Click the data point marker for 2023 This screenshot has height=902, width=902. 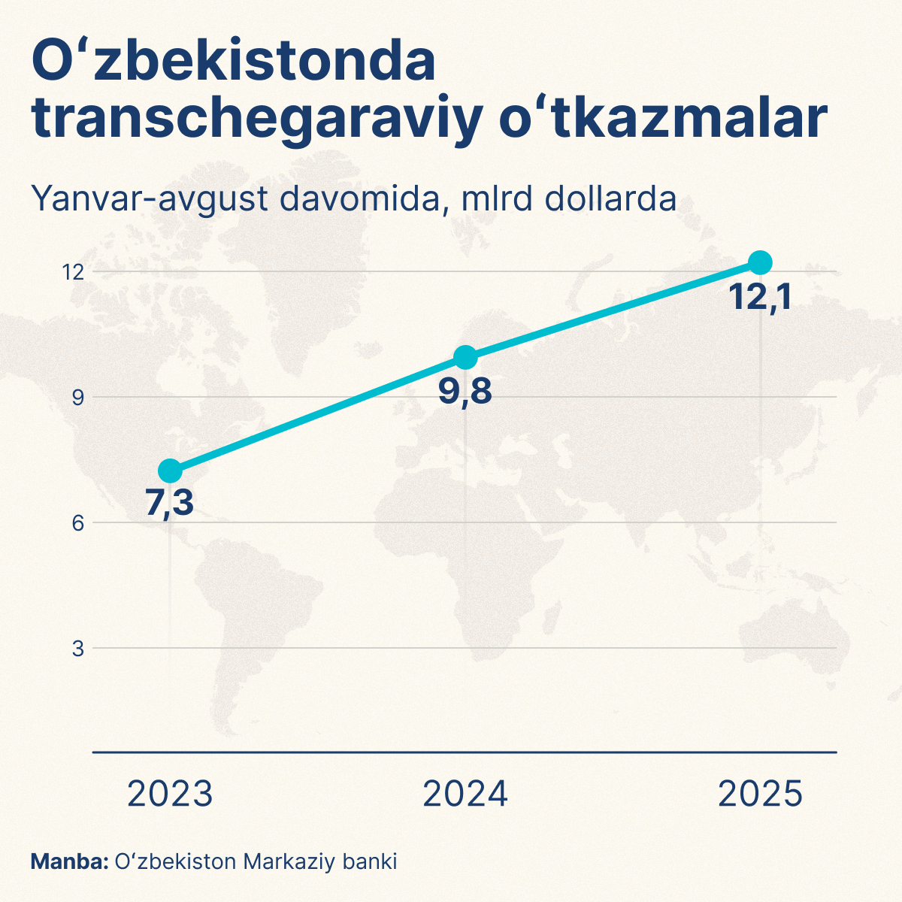tap(170, 471)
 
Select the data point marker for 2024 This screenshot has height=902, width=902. tap(465, 357)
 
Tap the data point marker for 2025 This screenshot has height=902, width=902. tap(761, 262)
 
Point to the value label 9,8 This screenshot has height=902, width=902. tap(465, 391)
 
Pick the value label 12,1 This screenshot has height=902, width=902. tap(761, 298)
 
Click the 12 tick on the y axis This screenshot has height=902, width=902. tap(72, 272)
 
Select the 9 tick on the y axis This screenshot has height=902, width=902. tap(77, 397)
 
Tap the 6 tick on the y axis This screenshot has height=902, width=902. tap(77, 522)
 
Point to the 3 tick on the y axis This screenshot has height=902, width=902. tap(77, 648)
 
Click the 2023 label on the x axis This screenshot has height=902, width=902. tap(170, 795)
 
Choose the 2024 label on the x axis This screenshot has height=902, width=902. tap(465, 795)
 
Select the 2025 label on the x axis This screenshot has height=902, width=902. tap(761, 795)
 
